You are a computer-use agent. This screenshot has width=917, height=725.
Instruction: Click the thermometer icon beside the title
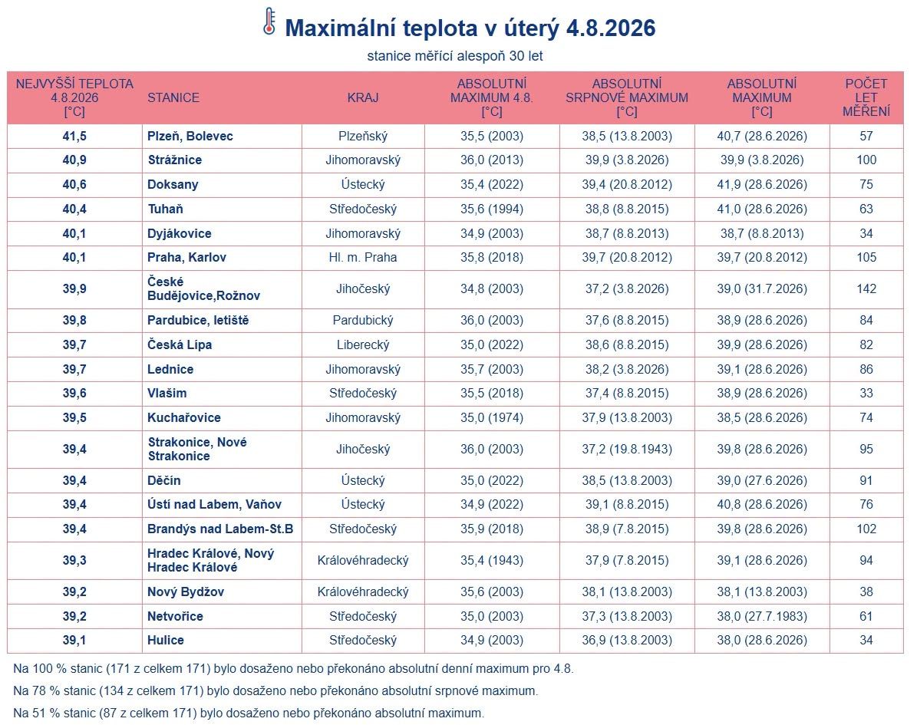(269, 21)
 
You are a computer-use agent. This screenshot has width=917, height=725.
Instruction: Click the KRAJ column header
(363, 97)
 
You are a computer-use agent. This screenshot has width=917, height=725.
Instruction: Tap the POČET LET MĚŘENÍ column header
(866, 97)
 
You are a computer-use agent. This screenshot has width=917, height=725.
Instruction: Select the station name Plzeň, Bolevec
(190, 137)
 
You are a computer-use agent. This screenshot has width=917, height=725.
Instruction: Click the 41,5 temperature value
(74, 137)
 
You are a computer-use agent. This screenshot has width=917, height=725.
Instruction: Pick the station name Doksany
(173, 185)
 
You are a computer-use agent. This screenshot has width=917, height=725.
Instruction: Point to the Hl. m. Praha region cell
(363, 257)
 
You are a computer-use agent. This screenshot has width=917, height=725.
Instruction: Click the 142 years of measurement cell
(866, 288)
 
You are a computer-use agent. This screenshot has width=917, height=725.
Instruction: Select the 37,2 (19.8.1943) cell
(627, 449)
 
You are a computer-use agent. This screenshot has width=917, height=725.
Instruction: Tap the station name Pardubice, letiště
(198, 321)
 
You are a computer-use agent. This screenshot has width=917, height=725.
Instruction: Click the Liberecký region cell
(363, 345)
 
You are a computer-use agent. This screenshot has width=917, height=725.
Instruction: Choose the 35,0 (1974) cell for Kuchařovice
(491, 417)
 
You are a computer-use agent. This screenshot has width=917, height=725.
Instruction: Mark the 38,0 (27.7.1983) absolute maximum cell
(762, 616)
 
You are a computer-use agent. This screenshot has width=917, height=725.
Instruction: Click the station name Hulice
(166, 640)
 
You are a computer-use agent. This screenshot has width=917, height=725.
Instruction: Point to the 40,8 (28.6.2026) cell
(762, 504)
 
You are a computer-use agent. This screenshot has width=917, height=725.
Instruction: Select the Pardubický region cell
(363, 321)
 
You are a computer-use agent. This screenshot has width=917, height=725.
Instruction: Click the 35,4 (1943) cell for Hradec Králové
(491, 560)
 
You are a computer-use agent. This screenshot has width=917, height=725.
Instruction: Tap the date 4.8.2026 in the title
(611, 28)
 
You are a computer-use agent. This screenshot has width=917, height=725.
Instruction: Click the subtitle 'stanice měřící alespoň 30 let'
(455, 56)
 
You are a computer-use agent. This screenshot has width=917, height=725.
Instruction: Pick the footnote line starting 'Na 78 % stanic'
(275, 690)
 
